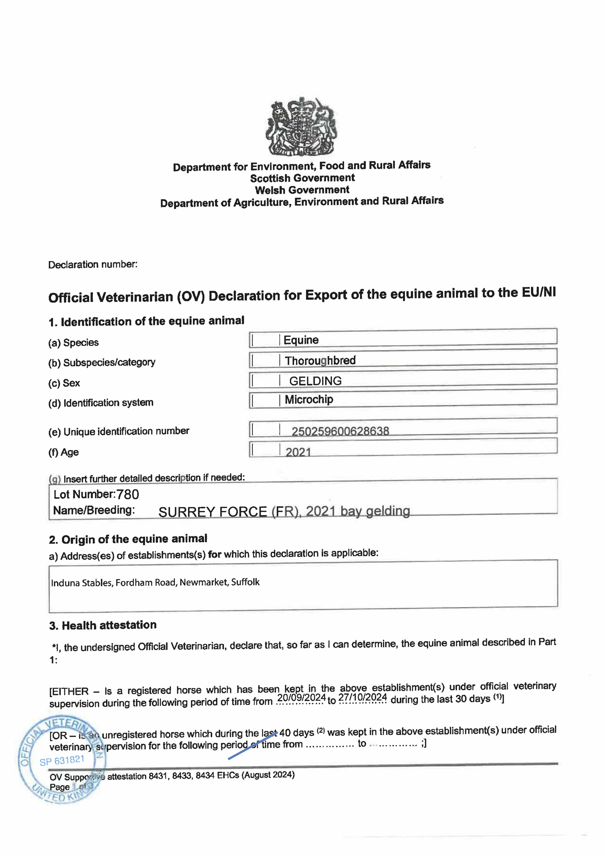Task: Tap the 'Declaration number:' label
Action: (x=93, y=265)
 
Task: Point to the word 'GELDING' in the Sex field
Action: (x=315, y=381)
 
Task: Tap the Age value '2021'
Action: (x=298, y=452)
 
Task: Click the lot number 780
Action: (x=128, y=494)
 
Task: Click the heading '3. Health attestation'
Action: (x=103, y=625)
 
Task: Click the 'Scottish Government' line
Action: (x=302, y=178)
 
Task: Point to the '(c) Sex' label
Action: (x=64, y=383)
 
